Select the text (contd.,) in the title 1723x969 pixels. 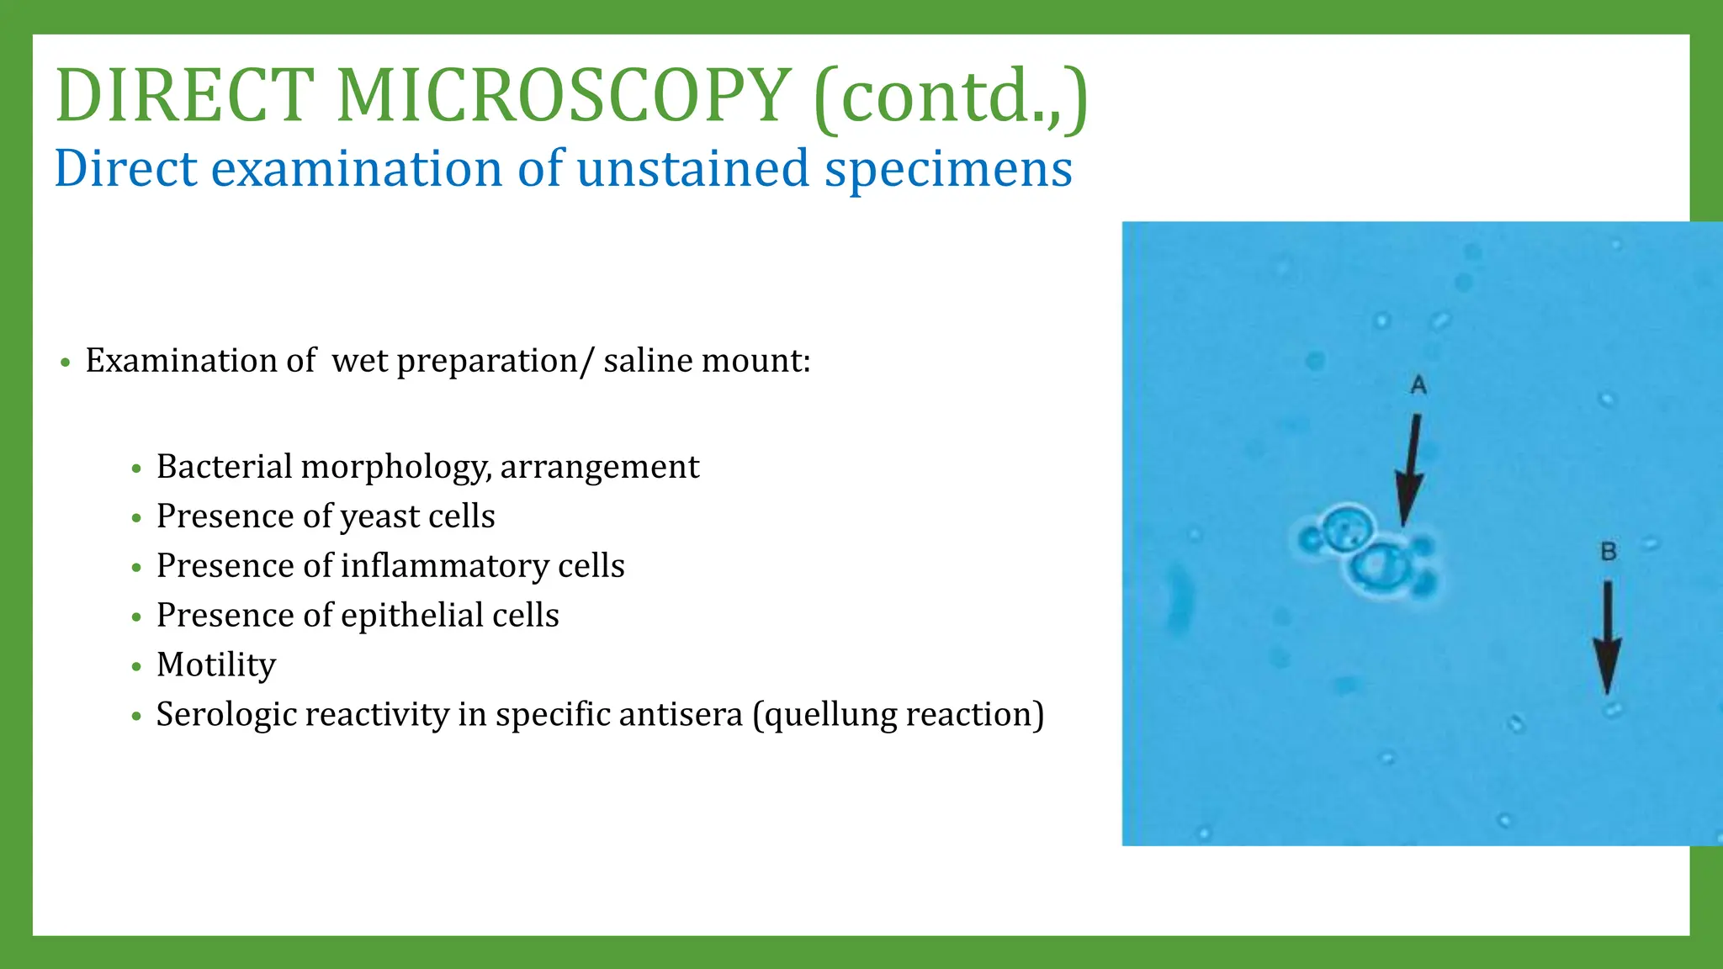click(x=952, y=97)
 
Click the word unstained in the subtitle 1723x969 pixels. click(x=692, y=168)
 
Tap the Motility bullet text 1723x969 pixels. click(x=216, y=665)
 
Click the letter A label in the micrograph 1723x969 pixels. click(x=1418, y=385)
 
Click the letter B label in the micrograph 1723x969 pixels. click(x=1609, y=552)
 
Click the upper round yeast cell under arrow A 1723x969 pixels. click(x=1347, y=528)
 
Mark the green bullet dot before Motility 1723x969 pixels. click(x=137, y=667)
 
